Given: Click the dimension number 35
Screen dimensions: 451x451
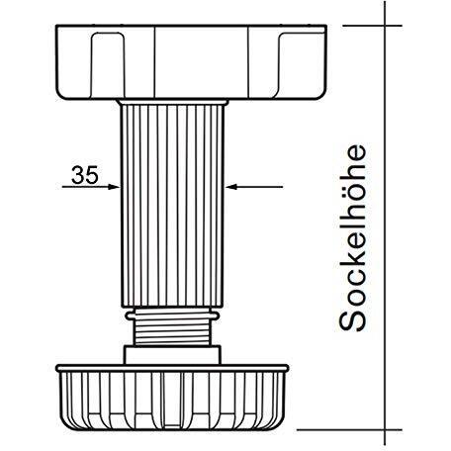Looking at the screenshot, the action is [85, 175].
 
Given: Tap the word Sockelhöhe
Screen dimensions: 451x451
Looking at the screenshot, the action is [352, 237].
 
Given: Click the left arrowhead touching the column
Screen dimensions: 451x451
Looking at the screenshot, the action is [114, 187].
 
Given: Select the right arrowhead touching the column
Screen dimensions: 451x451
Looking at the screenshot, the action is [231, 187].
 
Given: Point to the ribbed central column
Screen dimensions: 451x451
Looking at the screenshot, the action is [172, 206].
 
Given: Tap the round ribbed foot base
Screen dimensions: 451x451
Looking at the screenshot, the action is [172, 398].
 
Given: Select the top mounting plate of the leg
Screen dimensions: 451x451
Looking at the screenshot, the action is [191, 62].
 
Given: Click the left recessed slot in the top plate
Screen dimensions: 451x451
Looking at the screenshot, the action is [108, 65].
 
